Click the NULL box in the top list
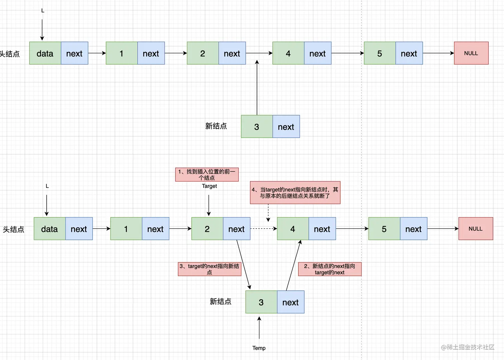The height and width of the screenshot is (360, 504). tap(471, 53)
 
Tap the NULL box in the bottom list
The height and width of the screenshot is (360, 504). tap(476, 229)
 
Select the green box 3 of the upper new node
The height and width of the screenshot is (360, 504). tap(257, 127)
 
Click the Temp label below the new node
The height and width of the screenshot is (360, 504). tap(259, 348)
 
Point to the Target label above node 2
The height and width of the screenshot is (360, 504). tap(209, 186)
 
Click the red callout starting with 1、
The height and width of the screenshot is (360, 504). tap(207, 175)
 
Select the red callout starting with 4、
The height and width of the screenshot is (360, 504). tap(295, 192)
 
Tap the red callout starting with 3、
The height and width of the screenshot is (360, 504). tap(209, 269)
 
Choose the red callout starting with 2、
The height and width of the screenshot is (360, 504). tap(329, 269)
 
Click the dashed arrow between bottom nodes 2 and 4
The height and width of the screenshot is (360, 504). tap(263, 229)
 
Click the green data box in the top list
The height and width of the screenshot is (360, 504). tap(45, 53)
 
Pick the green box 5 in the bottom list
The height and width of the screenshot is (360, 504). tap(384, 229)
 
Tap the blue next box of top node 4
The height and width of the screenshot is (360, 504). tap(317, 53)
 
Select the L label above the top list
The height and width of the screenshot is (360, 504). tap(43, 11)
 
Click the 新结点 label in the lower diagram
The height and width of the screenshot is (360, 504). tap(220, 302)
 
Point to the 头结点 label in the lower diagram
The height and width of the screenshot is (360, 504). tap(13, 229)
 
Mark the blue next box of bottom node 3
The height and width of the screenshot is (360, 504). tap(290, 302)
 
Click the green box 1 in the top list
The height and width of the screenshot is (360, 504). tap(122, 53)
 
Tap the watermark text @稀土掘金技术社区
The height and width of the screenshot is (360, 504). tap(467, 347)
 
